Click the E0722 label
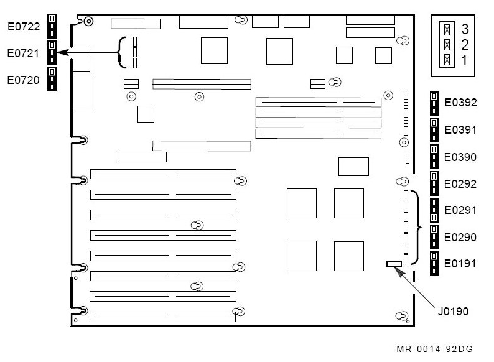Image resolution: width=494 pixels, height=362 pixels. point(24,27)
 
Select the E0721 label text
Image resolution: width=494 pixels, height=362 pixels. point(23,53)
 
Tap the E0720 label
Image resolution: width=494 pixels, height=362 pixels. point(23,80)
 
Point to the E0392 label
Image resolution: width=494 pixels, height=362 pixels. point(460,103)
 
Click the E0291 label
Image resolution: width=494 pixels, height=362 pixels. point(460,210)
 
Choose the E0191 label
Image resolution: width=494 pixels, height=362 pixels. point(460,263)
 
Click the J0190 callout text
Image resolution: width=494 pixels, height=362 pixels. point(453,311)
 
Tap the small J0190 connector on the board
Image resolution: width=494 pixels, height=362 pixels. point(394,264)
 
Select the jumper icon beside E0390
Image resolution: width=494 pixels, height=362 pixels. point(434,157)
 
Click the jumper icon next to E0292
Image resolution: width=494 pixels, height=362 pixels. point(434,183)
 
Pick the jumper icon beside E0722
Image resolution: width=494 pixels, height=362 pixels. point(52,26)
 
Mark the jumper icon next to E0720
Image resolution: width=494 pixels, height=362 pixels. point(52,79)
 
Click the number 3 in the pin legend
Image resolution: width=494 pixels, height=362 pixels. point(465,29)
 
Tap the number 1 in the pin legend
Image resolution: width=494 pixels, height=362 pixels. point(464,60)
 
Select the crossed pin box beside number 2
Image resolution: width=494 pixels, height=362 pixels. point(447,45)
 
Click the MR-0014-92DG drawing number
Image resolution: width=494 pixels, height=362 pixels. point(435,349)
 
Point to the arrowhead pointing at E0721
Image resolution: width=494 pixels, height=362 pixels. point(62,52)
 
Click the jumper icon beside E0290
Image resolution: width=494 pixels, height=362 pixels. point(434,236)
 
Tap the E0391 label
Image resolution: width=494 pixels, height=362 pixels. point(460,129)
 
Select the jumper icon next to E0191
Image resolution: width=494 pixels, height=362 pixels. point(434,263)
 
